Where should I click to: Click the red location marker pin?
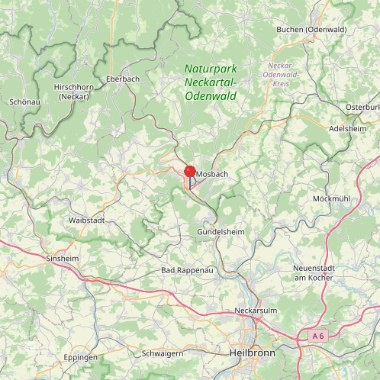[x=190, y=172]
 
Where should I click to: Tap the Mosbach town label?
[x=212, y=175]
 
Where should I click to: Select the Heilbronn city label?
[x=251, y=353]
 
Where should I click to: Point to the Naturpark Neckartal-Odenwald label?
[x=211, y=82]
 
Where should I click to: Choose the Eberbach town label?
[x=122, y=79]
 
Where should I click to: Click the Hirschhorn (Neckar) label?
[x=72, y=92]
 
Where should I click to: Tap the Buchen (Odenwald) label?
[x=311, y=29]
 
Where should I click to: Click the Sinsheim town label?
[x=63, y=259]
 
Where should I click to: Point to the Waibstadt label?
[x=86, y=220]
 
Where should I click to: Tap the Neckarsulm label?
[x=256, y=311]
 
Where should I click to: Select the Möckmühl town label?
[x=331, y=198]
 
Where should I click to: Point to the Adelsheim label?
[x=347, y=129]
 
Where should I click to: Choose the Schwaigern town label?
[x=163, y=354]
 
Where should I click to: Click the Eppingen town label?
[x=81, y=357]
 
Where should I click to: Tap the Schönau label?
[x=24, y=101]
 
